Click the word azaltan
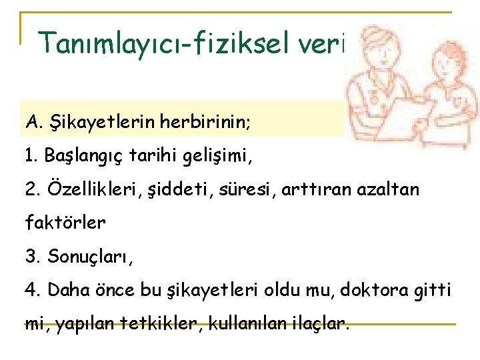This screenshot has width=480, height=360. pyautogui.click(x=391, y=189)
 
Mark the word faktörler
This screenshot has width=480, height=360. pyautogui.click(x=65, y=223)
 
